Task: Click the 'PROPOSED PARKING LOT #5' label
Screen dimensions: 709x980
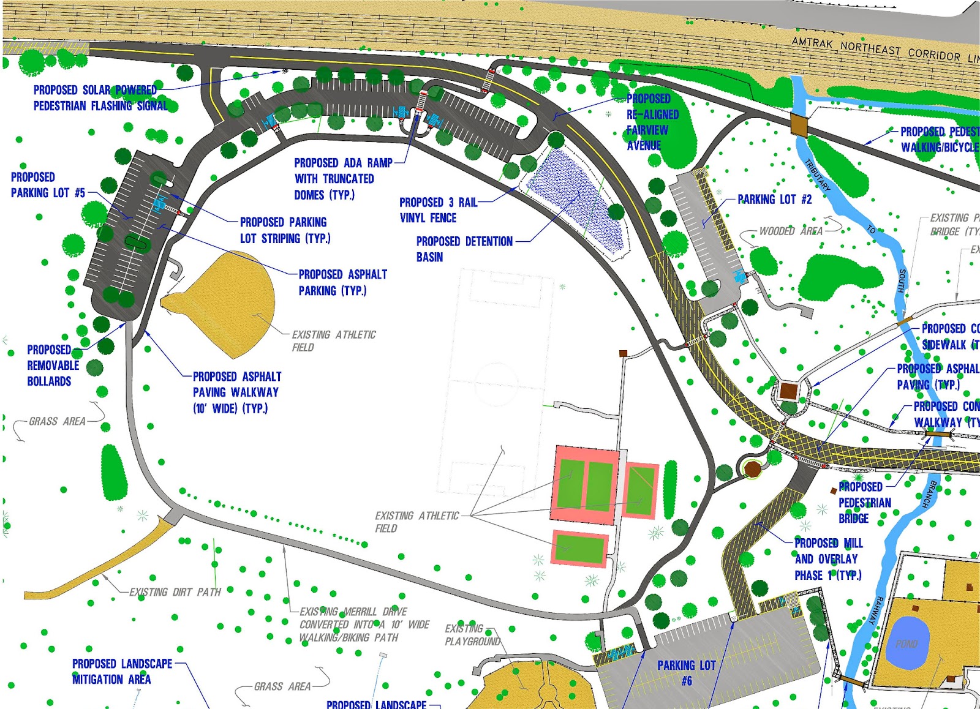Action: (x=48, y=185)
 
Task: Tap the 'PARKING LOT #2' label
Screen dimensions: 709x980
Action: (x=774, y=200)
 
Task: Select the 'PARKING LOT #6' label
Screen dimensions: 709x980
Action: (x=687, y=672)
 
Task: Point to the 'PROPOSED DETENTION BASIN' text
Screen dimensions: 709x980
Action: (x=464, y=249)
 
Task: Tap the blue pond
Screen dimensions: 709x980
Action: (x=906, y=642)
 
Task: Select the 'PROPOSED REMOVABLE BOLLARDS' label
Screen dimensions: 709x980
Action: (x=53, y=366)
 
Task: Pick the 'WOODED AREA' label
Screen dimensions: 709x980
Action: (x=791, y=231)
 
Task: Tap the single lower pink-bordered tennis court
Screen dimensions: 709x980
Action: (x=579, y=549)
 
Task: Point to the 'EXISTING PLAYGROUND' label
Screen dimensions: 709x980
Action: (x=472, y=635)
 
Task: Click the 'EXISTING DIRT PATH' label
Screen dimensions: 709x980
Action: (x=175, y=592)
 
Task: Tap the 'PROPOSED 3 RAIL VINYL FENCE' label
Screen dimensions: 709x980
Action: (x=437, y=210)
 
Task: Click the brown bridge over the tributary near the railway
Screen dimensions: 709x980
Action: (x=799, y=124)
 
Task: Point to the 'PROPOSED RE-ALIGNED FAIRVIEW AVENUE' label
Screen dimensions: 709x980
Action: (x=652, y=122)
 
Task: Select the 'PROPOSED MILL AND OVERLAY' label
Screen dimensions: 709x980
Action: (x=827, y=559)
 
